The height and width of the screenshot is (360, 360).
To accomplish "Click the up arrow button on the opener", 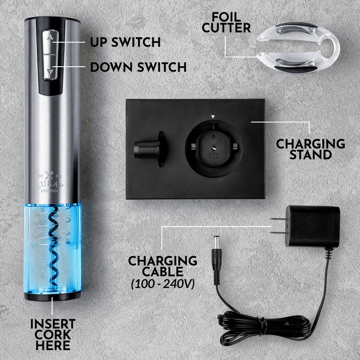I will tap(51, 40).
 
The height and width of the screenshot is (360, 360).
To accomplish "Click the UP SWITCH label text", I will tap(125, 43).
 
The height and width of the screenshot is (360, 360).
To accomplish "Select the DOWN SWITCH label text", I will tap(138, 67).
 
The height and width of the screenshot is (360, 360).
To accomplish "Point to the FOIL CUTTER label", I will tap(226, 22).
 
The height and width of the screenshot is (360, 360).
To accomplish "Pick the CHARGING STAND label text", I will tap(310, 149).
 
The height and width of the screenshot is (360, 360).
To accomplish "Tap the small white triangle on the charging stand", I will tap(214, 117).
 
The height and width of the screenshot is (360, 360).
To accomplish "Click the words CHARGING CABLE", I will tap(163, 266).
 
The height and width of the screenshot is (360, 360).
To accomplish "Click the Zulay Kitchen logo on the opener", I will tap(51, 182).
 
